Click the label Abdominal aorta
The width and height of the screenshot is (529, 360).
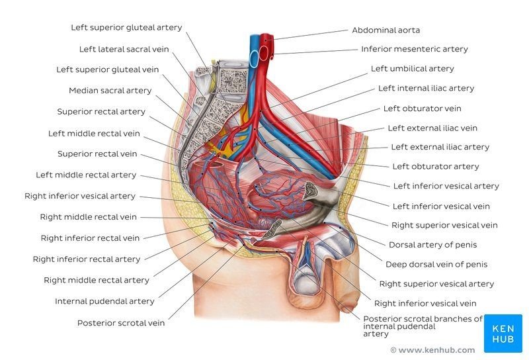386,30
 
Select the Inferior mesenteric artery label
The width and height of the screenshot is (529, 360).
414,49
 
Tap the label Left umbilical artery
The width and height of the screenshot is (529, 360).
412,69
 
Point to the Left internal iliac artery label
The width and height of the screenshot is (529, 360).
426,88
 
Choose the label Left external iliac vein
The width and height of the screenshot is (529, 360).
432,128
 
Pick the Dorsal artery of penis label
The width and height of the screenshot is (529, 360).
432,245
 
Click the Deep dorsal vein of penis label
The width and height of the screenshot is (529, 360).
436,265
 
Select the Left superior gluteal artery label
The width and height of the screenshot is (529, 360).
126,28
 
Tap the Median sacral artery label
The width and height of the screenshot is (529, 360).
110,91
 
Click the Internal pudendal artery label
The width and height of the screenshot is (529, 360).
104,302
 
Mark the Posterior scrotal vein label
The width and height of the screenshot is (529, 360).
121,323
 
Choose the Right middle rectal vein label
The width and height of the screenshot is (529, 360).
88,217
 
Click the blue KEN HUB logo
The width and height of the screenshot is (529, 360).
503,333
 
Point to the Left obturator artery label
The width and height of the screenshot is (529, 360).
435,166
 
